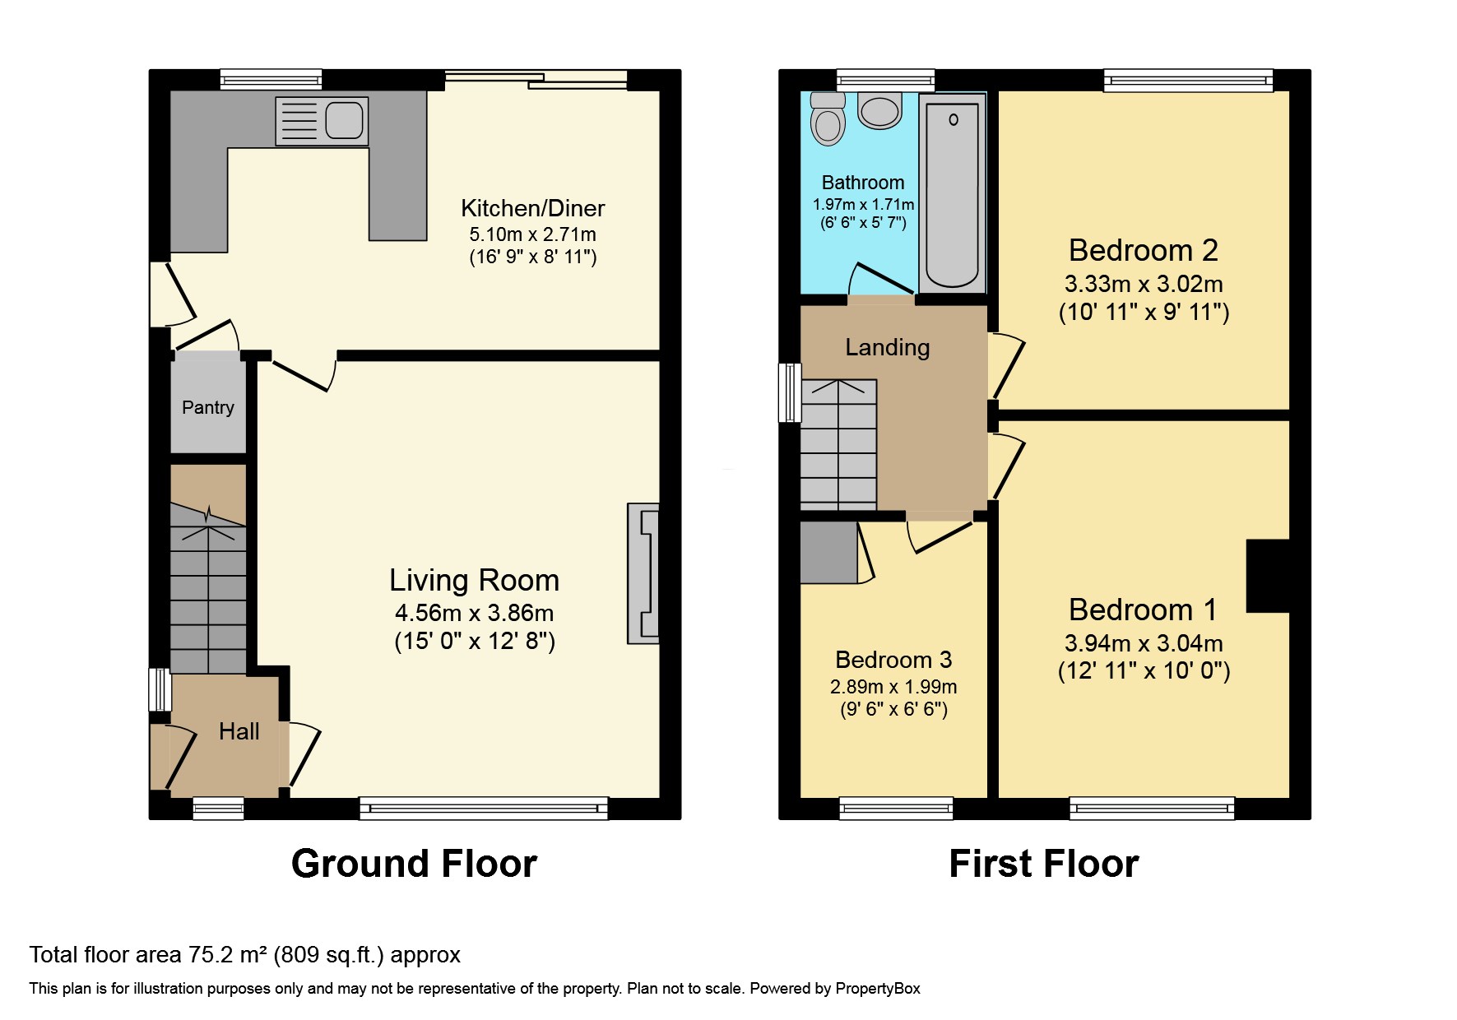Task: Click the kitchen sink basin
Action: (x=343, y=121)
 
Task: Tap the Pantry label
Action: (x=208, y=407)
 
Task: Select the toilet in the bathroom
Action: (x=828, y=120)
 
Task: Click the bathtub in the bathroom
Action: (x=953, y=193)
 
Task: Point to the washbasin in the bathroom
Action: (x=879, y=111)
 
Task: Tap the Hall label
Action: (x=239, y=731)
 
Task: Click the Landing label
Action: (x=887, y=347)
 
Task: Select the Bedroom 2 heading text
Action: (x=1143, y=250)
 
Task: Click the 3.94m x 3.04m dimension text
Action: (x=1143, y=643)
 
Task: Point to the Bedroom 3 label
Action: (x=893, y=660)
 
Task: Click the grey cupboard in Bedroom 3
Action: (x=828, y=553)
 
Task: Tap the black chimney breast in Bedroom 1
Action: (x=1267, y=576)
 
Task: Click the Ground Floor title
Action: (x=414, y=864)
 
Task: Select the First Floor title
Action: (x=1043, y=864)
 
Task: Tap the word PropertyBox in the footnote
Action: (x=877, y=989)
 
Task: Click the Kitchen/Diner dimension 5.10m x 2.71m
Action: (x=532, y=234)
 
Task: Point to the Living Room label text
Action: (x=474, y=581)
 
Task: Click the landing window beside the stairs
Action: (x=790, y=392)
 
